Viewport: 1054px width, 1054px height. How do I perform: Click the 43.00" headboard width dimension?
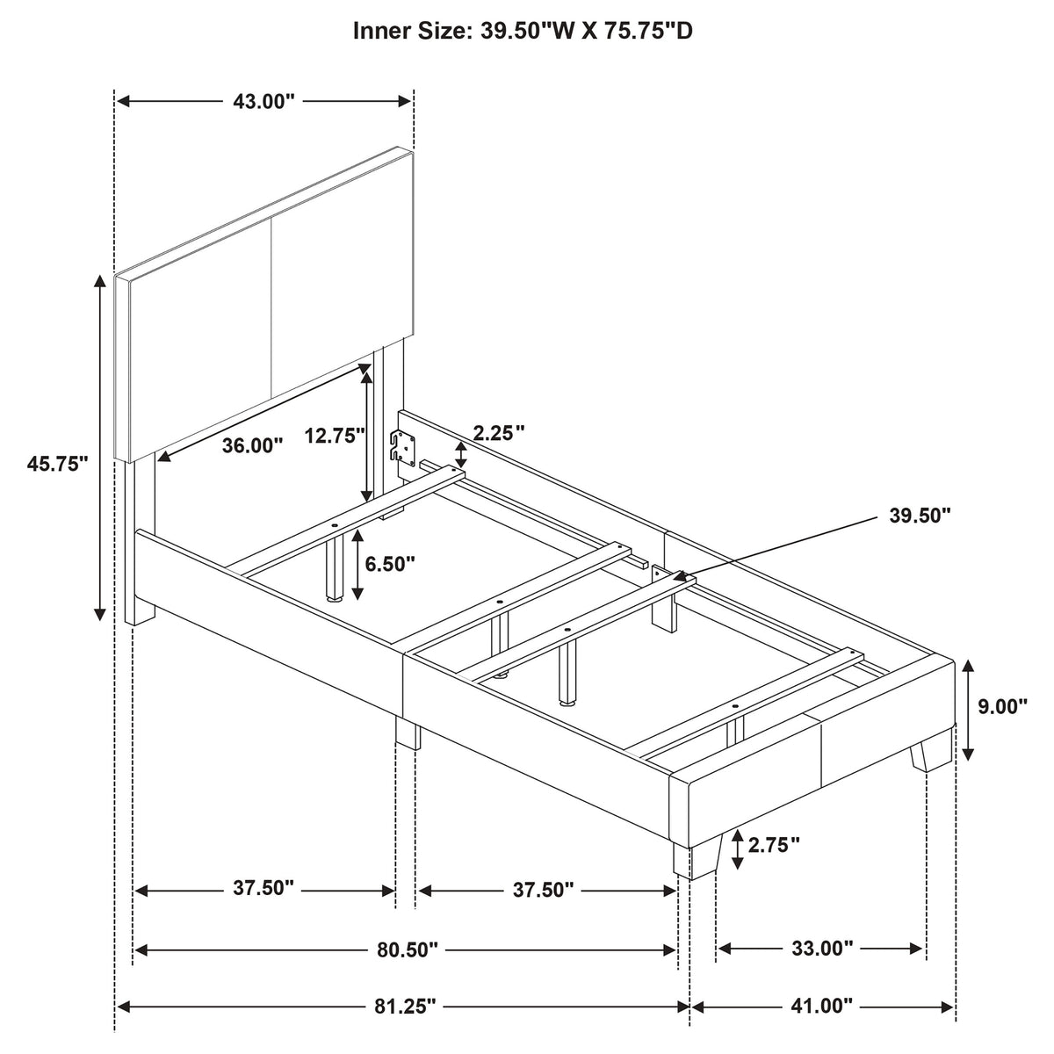[x=263, y=101]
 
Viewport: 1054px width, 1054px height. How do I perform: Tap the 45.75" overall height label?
[x=57, y=464]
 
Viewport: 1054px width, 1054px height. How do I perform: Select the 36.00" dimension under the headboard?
[x=252, y=446]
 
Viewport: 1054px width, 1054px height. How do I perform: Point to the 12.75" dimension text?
[x=335, y=436]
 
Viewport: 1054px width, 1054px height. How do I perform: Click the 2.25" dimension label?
[x=499, y=433]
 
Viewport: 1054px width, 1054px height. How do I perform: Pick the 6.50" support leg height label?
[x=390, y=564]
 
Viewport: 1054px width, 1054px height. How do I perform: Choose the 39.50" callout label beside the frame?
[x=920, y=516]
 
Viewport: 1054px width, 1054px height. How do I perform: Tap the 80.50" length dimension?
[x=408, y=949]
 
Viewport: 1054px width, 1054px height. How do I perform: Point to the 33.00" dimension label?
[x=822, y=948]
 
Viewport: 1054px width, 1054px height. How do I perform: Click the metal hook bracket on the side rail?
[x=402, y=446]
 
